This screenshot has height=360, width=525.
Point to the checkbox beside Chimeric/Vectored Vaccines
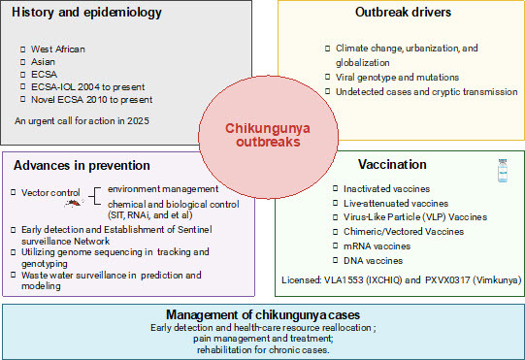point(335,232)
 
